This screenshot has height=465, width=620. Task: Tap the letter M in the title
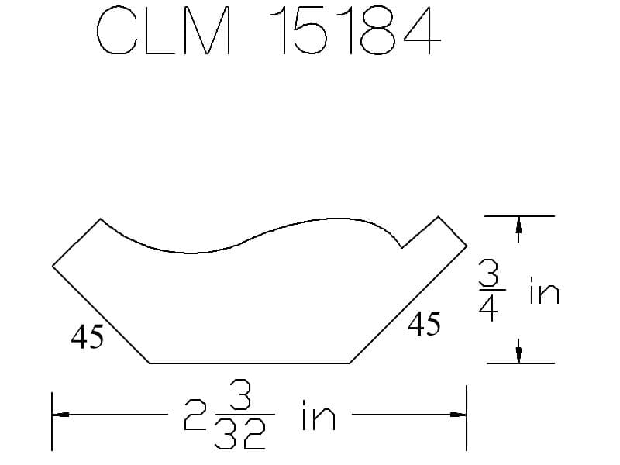(206, 30)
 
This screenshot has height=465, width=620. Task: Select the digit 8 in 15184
(378, 30)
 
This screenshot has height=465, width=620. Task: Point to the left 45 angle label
(88, 336)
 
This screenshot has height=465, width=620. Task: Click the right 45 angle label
(424, 323)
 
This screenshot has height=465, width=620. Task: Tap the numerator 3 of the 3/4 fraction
(489, 273)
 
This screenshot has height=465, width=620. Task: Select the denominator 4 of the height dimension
(488, 307)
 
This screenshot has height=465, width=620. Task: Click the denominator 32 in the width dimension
(240, 433)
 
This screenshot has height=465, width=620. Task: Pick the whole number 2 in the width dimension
(195, 415)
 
